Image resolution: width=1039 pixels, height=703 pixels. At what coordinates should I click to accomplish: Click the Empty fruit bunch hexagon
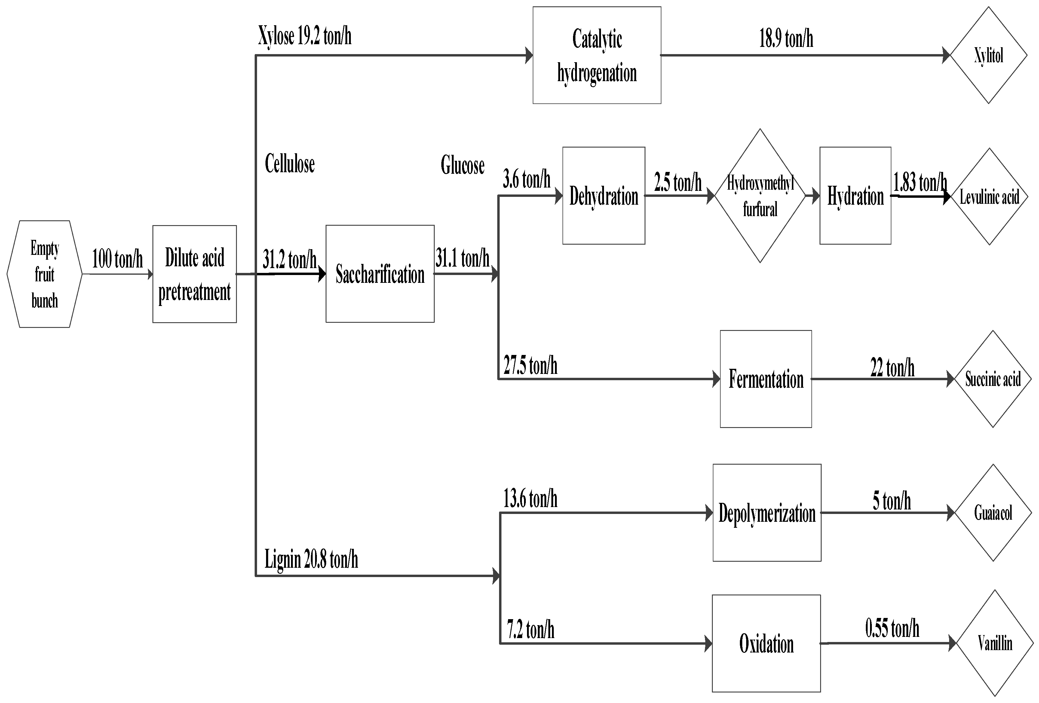tap(45, 274)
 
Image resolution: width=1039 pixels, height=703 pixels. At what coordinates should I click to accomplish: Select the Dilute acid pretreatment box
tap(195, 274)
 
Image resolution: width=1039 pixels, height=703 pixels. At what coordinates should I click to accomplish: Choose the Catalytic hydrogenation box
tap(597, 55)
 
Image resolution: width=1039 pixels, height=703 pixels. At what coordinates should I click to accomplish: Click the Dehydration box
tap(604, 196)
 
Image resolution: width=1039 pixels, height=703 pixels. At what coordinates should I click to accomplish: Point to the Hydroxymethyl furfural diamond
tap(760, 196)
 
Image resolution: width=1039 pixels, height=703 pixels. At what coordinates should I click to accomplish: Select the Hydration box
tap(855, 196)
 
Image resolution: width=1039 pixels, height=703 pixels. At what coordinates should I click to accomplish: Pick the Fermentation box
tap(766, 379)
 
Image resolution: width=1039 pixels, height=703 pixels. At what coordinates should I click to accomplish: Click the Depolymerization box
tap(767, 513)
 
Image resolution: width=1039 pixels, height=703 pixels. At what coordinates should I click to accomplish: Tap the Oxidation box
tap(766, 643)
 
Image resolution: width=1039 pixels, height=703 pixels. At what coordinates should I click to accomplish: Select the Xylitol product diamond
tap(988, 55)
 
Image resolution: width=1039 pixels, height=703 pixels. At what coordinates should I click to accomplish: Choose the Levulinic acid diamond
tap(989, 197)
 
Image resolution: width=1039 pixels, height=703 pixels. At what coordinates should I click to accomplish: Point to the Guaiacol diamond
tap(993, 513)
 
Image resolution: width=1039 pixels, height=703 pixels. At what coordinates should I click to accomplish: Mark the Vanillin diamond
tap(995, 643)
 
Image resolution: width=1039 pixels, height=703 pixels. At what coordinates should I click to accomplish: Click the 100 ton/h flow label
tap(117, 259)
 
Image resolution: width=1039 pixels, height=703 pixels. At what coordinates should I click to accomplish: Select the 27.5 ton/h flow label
tap(530, 365)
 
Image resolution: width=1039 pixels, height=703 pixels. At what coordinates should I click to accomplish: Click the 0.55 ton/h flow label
tap(892, 628)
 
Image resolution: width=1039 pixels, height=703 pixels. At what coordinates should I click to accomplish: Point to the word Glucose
tap(462, 165)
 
